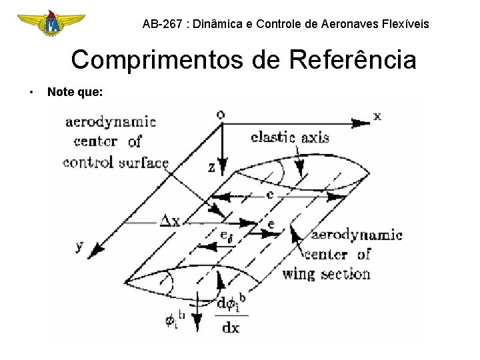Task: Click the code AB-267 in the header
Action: (163, 25)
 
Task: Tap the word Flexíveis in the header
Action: (405, 25)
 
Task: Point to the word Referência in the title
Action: (353, 60)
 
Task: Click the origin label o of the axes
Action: (221, 114)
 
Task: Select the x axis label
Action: (377, 116)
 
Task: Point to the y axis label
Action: (80, 246)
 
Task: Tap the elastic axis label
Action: (289, 137)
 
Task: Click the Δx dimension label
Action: (169, 221)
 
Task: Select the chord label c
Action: (269, 195)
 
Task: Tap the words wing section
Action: (326, 273)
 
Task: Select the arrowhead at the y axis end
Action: (97, 249)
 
